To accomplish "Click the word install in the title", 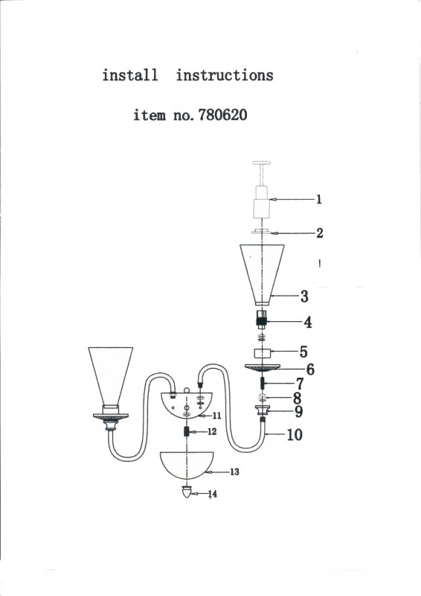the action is tap(130, 75).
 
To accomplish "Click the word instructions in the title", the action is tap(225, 75).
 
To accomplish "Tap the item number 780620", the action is tap(223, 115).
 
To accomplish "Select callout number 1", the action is tap(319, 199).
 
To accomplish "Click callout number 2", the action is tap(320, 232).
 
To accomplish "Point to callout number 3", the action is tap(304, 296).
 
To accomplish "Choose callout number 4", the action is tap(308, 323).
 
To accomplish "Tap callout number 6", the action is tap(310, 369).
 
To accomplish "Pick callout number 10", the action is tap(295, 434).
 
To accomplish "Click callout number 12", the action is tap(212, 431).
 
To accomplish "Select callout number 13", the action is tap(234, 472).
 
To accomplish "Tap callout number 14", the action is tap(213, 494).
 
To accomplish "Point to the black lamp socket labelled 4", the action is tap(261, 320).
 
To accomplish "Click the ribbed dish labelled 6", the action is tap(263, 367).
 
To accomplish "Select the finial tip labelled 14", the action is tap(187, 492).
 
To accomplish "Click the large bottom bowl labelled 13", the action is tap(187, 465).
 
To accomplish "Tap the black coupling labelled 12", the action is tap(187, 431).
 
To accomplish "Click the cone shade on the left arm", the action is tap(111, 375).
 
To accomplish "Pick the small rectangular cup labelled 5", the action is tap(263, 353).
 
